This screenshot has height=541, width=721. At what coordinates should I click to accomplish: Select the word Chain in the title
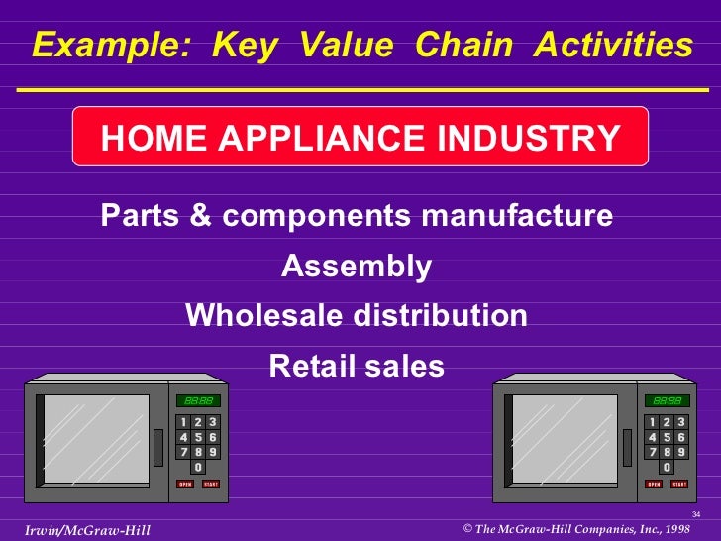(464, 46)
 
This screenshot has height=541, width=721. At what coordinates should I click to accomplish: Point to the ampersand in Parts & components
(200, 216)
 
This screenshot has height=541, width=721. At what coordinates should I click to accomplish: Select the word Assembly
(357, 267)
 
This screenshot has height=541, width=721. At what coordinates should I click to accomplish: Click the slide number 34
(695, 514)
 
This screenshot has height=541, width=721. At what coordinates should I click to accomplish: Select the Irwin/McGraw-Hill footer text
(87, 530)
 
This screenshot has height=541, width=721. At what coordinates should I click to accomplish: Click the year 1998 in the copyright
(678, 529)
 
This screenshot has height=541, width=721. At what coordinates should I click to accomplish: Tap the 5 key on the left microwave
(198, 437)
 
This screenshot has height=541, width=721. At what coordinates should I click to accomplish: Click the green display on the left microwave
(198, 400)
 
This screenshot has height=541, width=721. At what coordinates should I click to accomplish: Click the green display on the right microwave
(666, 400)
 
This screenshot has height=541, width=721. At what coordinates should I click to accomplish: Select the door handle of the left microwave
(156, 447)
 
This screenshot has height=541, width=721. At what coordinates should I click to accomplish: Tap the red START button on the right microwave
(678, 484)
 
